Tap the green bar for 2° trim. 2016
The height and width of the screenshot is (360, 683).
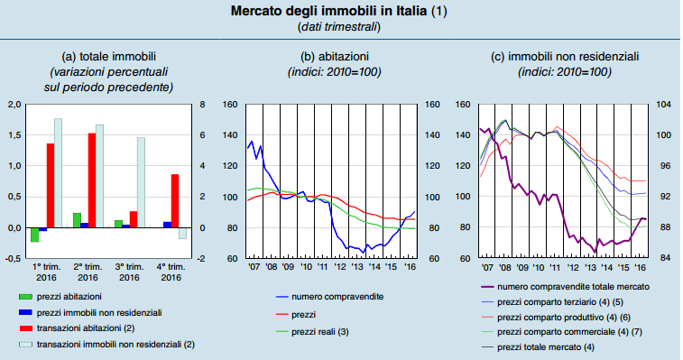[x=77, y=220]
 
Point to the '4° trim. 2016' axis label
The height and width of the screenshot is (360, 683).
[x=171, y=272]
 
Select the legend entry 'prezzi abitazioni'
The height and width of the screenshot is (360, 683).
[x=75, y=296]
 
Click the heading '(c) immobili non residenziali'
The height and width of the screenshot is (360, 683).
[x=565, y=56]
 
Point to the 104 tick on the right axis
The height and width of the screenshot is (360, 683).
[x=665, y=105]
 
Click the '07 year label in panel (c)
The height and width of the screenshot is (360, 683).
[x=487, y=268]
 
